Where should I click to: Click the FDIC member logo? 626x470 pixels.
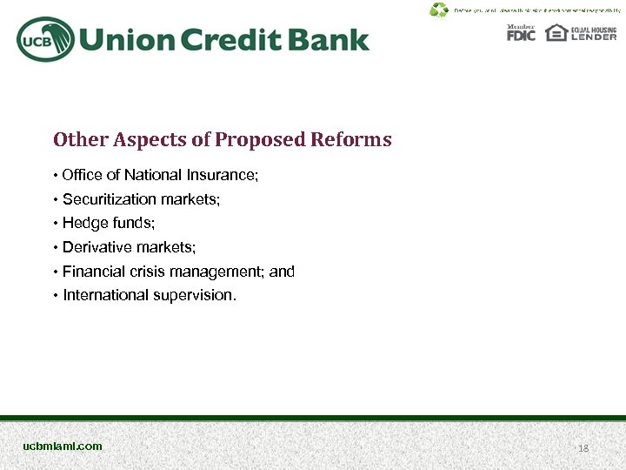coord(522,34)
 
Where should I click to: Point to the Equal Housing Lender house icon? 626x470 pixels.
coord(556,32)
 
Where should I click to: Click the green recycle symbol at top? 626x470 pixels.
coord(439,10)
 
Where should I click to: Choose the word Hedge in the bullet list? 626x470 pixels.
coord(81,224)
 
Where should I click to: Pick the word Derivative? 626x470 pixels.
coord(92,247)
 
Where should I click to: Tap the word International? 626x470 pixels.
coord(105,295)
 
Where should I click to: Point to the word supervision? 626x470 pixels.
coord(194,296)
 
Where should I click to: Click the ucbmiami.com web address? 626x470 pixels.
coord(63,446)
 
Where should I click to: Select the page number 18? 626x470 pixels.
coord(583,447)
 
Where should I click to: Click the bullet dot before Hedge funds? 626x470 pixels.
coord(56,224)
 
